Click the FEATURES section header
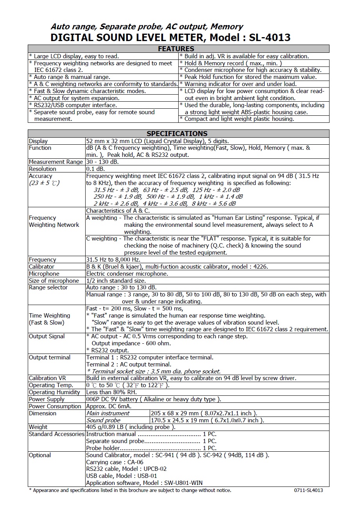(176, 49)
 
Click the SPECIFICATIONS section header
(177, 133)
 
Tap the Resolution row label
(42, 169)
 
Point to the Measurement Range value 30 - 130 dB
(102, 162)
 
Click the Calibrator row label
(41, 267)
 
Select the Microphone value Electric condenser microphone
(127, 274)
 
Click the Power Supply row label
(46, 399)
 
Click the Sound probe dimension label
(103, 420)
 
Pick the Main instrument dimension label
(107, 413)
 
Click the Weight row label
(38, 427)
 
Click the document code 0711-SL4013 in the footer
(308, 490)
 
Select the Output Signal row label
(47, 336)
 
